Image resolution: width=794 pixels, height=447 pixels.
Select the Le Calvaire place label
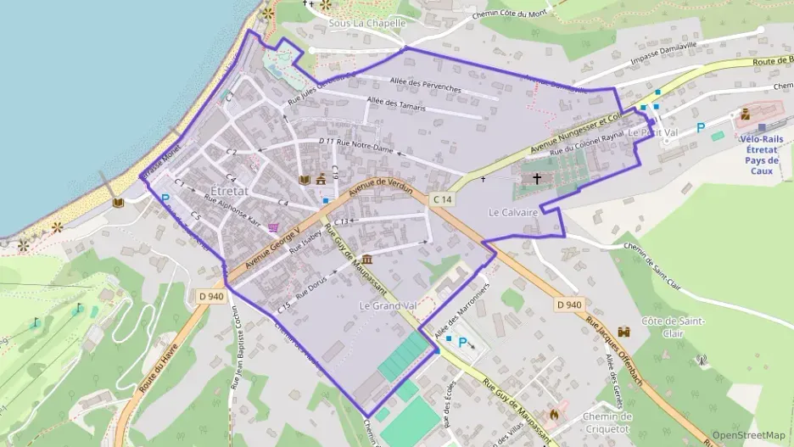[x=513, y=211]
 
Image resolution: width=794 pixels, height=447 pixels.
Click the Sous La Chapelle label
[x=367, y=23]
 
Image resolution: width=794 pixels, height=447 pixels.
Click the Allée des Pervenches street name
[x=425, y=87]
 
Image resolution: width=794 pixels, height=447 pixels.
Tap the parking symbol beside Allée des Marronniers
[x=463, y=343]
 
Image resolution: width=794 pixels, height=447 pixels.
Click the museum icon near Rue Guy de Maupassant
[x=366, y=259]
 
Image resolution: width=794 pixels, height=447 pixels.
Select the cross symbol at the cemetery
[x=537, y=179]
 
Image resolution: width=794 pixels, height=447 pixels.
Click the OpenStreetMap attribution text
[x=748, y=435]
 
